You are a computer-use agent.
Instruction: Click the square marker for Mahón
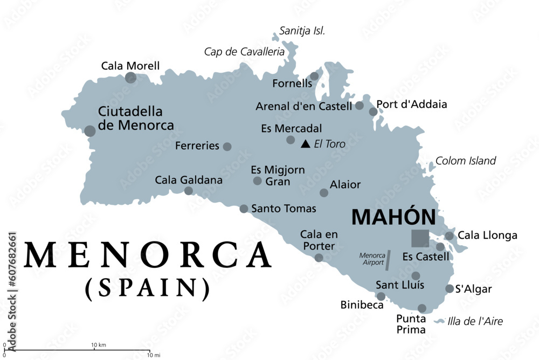(x=420, y=238)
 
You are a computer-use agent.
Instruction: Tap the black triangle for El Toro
(x=306, y=144)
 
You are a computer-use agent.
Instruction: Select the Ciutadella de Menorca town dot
(x=90, y=131)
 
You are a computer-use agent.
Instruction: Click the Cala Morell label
(x=130, y=66)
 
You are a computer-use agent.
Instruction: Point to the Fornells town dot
(x=314, y=77)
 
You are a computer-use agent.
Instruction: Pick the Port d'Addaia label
(x=412, y=104)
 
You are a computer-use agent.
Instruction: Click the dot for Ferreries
(x=227, y=146)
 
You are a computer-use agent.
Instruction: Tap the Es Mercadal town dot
(x=291, y=140)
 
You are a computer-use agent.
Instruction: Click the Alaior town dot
(x=324, y=192)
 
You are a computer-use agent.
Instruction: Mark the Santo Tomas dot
(x=244, y=209)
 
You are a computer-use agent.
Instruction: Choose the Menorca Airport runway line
(x=388, y=259)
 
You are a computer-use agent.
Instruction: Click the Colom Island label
(x=466, y=161)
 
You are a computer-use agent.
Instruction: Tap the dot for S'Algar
(x=450, y=288)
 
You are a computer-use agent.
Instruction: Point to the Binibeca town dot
(x=381, y=296)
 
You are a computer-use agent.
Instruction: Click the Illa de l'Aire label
(x=475, y=322)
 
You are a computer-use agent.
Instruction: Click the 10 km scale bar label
(x=98, y=345)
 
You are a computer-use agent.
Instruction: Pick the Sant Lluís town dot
(x=416, y=276)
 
